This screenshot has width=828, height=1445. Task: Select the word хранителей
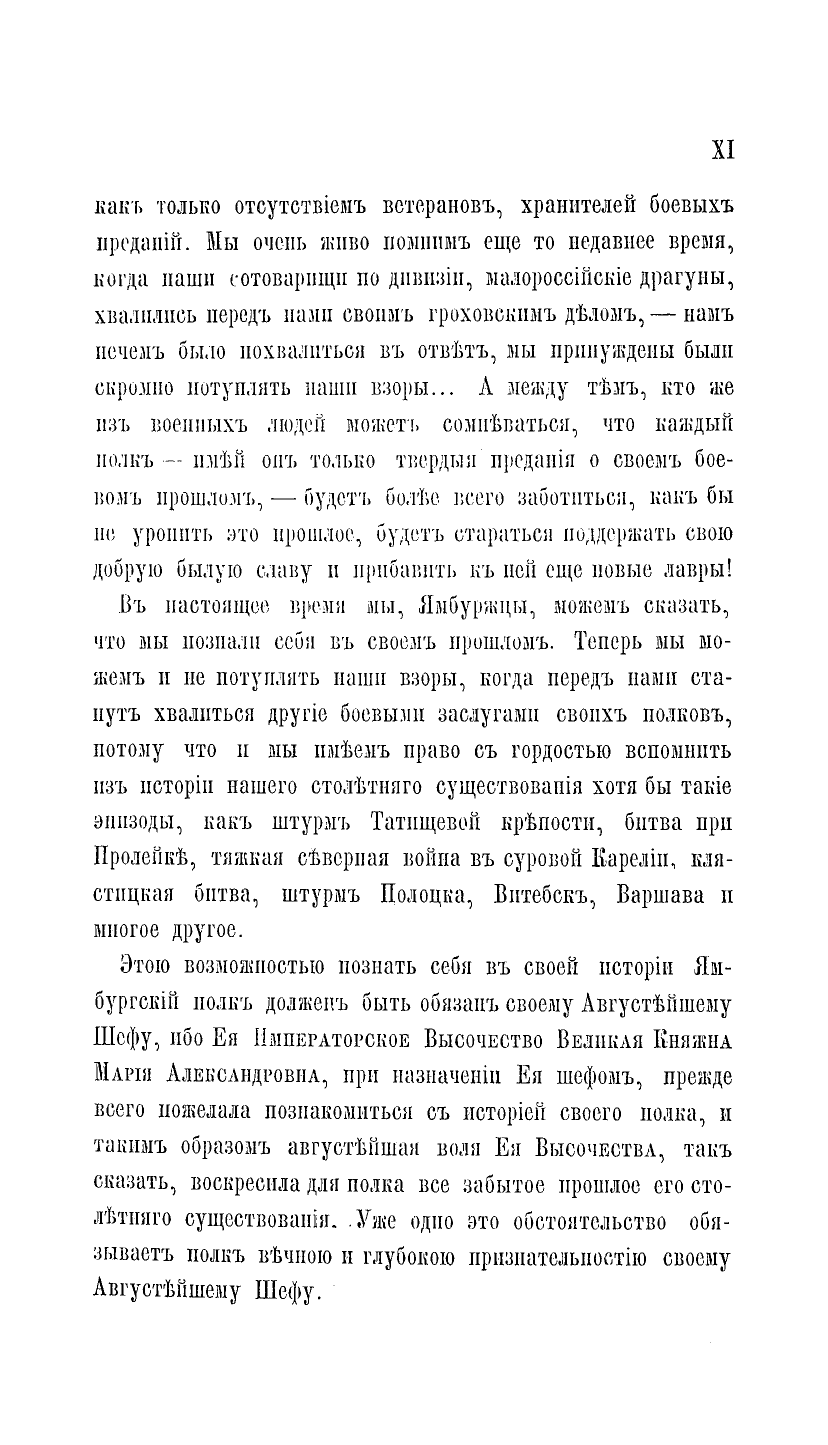pos(577,207)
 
